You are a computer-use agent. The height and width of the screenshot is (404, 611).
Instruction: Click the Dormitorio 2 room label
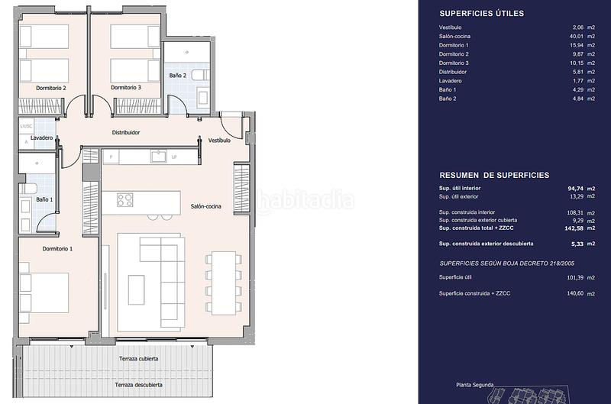(x=50, y=88)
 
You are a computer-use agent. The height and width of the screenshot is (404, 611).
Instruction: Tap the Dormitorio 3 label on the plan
(x=125, y=88)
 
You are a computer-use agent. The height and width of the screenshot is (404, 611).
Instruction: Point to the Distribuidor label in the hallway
(x=126, y=132)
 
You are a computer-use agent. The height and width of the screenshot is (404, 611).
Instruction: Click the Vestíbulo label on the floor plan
(x=219, y=141)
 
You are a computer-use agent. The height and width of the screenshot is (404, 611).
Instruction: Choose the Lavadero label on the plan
(x=41, y=138)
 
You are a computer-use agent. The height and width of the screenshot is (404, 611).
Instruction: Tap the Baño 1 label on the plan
(x=45, y=199)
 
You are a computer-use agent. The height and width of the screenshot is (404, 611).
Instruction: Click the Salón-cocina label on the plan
(x=205, y=206)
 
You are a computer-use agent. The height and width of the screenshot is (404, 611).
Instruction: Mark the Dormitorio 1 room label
(x=57, y=249)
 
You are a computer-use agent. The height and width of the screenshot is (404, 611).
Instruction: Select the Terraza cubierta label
(x=138, y=358)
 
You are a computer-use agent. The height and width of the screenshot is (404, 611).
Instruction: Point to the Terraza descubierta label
(x=138, y=384)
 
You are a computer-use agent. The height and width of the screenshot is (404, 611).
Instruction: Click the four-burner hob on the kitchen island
(x=125, y=200)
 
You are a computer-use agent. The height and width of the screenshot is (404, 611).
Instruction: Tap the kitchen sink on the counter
(x=159, y=157)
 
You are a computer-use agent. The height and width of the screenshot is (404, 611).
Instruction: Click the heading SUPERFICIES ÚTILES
(x=481, y=13)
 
